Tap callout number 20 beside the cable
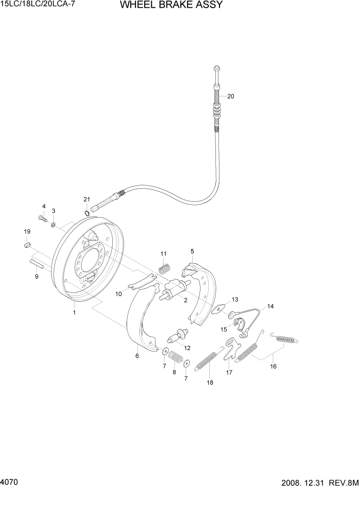click(x=230, y=96)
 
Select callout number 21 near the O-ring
click(x=87, y=199)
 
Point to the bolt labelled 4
click(x=43, y=219)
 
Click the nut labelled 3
click(x=53, y=223)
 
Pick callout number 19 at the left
click(x=27, y=231)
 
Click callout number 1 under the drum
click(x=74, y=312)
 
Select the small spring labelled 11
click(x=164, y=268)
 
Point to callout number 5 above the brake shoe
click(x=192, y=251)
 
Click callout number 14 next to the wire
click(x=270, y=306)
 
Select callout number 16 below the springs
click(x=273, y=366)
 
